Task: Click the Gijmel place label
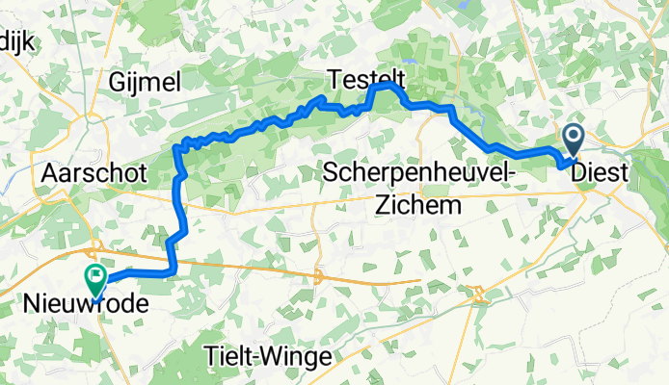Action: pyautogui.click(x=146, y=83)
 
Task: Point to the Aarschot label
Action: pyautogui.click(x=94, y=173)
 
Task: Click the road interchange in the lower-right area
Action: pyautogui.click(x=475, y=292)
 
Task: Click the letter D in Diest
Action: pyautogui.click(x=580, y=173)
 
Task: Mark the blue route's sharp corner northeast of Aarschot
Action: pyautogui.click(x=176, y=146)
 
